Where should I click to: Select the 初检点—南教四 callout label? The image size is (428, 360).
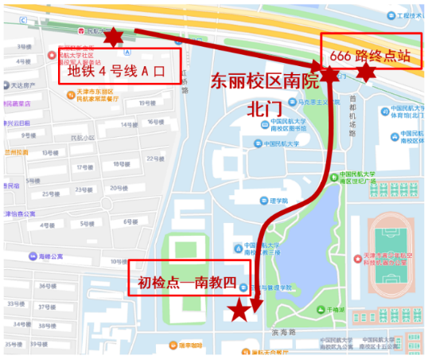[x=188, y=282]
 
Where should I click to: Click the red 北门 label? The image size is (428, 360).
[x=264, y=108]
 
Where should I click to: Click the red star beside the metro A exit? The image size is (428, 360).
[x=113, y=37]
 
